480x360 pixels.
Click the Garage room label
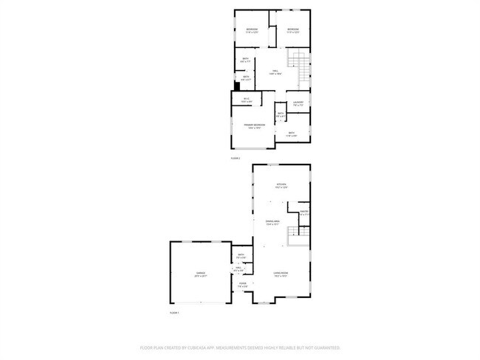point(201,273)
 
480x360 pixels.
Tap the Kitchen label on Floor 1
point(281,184)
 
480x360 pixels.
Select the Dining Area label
point(272,221)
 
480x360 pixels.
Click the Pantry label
point(303,212)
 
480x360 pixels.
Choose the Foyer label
point(242,283)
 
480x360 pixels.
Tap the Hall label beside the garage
point(239,268)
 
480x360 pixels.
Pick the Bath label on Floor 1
point(241,255)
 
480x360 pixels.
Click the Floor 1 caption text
point(175,313)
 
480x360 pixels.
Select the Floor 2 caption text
point(236,159)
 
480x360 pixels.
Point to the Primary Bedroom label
point(255,125)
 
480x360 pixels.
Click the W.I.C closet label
point(246,99)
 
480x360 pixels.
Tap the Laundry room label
point(298,103)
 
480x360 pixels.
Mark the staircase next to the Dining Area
point(296,235)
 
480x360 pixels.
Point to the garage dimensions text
point(201,276)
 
